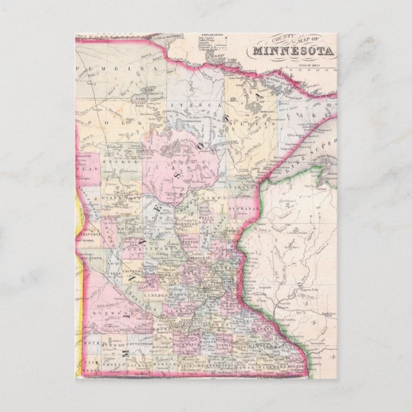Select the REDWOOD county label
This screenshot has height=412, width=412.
tap(105, 313)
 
